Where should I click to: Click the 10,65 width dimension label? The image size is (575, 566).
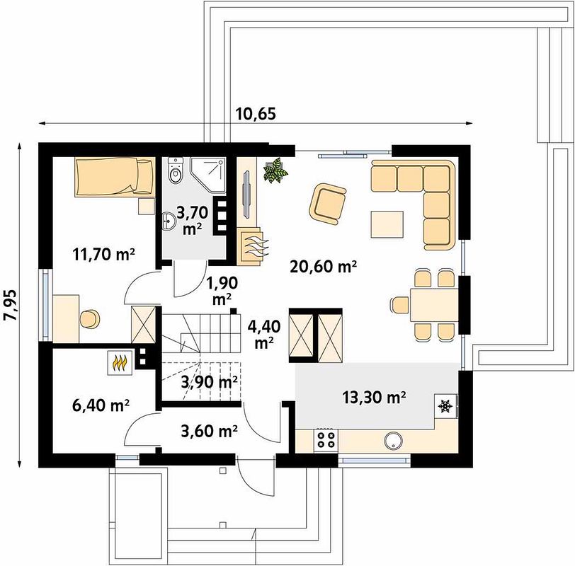(255, 114)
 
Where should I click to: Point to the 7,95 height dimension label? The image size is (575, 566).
(10, 306)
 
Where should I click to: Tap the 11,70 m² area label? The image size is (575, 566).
(104, 254)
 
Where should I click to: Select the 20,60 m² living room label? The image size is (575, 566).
(323, 266)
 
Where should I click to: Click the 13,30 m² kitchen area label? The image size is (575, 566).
(374, 397)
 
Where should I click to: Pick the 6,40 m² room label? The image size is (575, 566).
(101, 405)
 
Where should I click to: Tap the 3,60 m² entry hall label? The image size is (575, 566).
(209, 431)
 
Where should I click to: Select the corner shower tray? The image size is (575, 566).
(207, 175)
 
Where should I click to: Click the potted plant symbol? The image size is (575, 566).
(275, 170)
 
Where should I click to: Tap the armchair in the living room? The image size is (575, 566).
(327, 204)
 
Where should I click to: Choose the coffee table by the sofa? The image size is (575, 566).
(387, 224)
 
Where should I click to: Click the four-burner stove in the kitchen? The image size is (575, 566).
(326, 440)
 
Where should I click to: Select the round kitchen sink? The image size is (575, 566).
(394, 441)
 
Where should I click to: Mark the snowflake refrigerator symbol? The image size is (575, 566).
(445, 406)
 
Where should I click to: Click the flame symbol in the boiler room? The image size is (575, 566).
(120, 363)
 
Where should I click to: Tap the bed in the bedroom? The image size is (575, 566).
(115, 177)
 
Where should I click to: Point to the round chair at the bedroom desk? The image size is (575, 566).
(89, 318)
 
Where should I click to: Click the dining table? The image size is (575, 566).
(435, 305)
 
